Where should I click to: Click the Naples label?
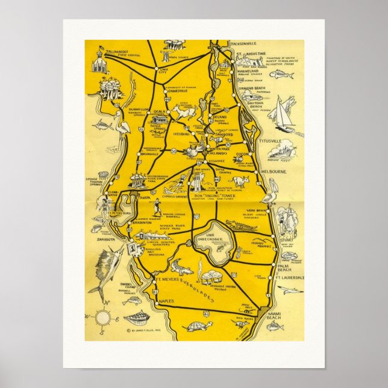click(x=165, y=300)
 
